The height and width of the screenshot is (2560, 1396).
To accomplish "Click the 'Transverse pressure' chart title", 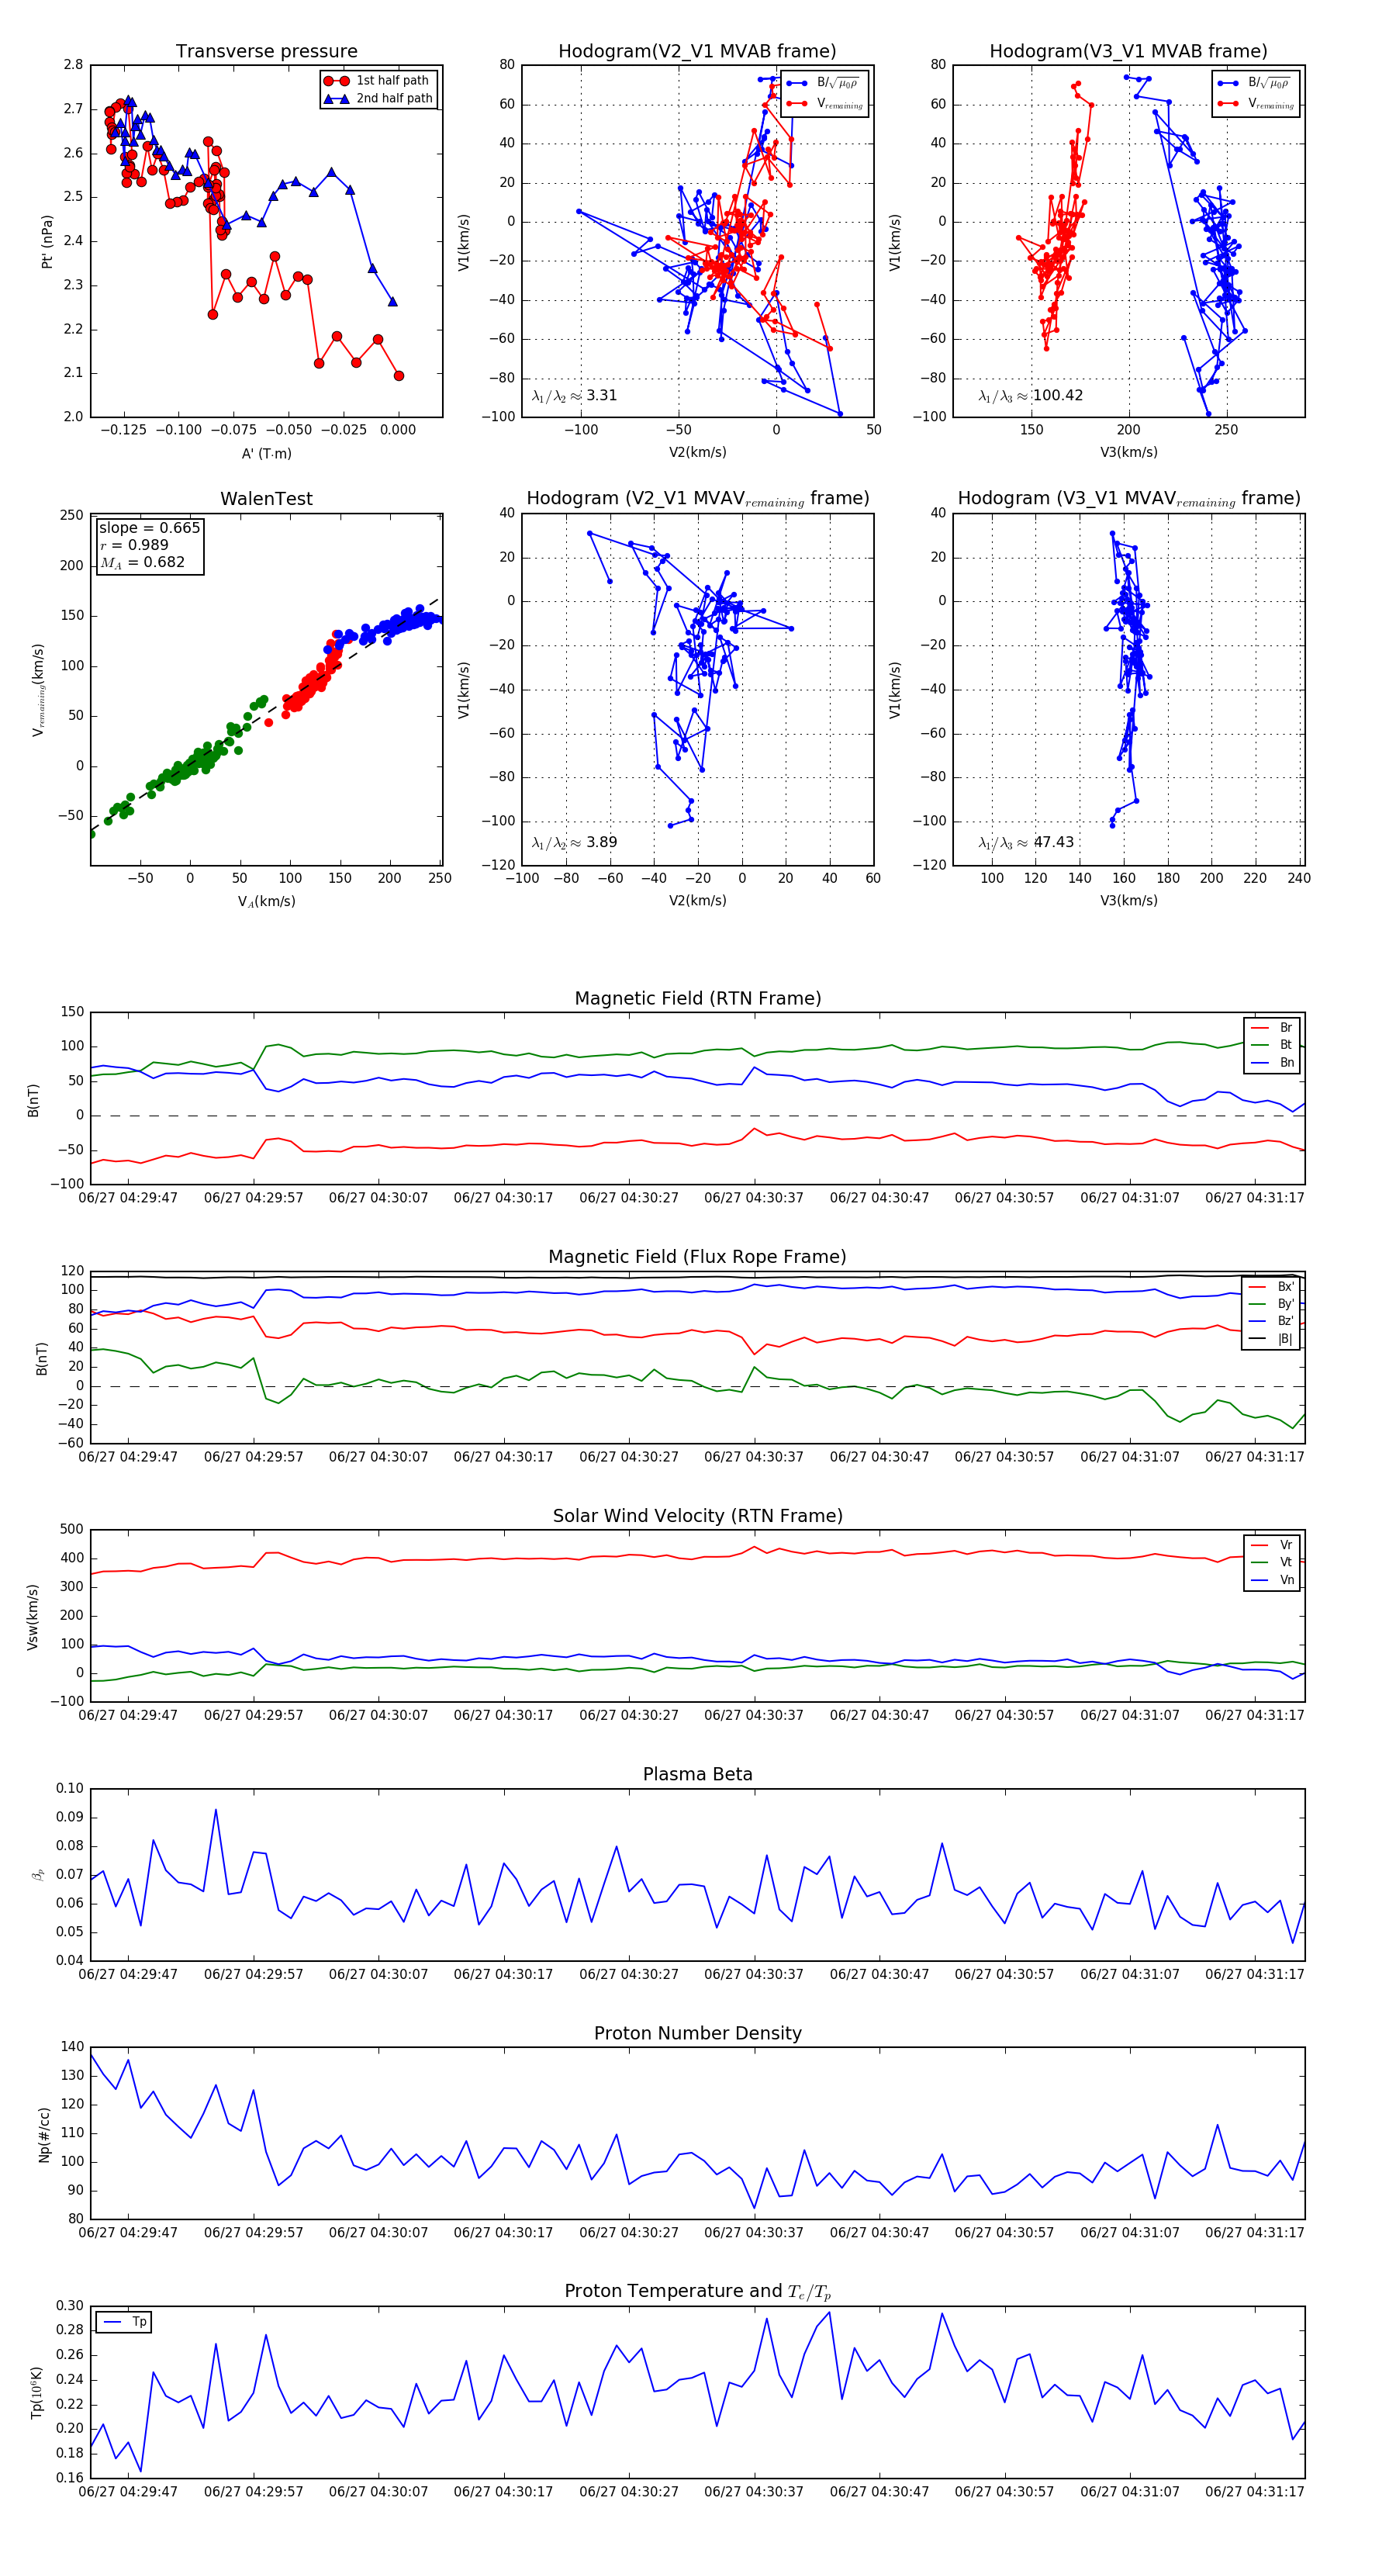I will [266, 52].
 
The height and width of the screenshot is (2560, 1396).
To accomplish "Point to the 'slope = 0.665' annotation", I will [149, 528].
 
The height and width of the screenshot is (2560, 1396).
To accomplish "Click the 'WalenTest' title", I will [266, 499].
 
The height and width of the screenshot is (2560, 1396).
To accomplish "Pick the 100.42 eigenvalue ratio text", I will [1057, 396].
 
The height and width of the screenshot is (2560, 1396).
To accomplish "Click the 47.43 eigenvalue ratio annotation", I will [1053, 842].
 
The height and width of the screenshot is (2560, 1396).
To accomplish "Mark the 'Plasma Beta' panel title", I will [697, 1775].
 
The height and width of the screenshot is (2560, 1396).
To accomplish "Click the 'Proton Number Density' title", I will [697, 2033].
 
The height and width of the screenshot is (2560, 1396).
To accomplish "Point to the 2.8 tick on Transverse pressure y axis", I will [74, 64].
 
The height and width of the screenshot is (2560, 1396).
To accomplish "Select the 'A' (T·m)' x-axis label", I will [266, 453].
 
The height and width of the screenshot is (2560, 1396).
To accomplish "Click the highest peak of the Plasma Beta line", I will [216, 1810].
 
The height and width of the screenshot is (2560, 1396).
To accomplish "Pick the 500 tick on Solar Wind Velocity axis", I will [71, 1530].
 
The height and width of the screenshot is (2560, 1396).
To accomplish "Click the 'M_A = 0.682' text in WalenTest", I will [142, 562].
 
